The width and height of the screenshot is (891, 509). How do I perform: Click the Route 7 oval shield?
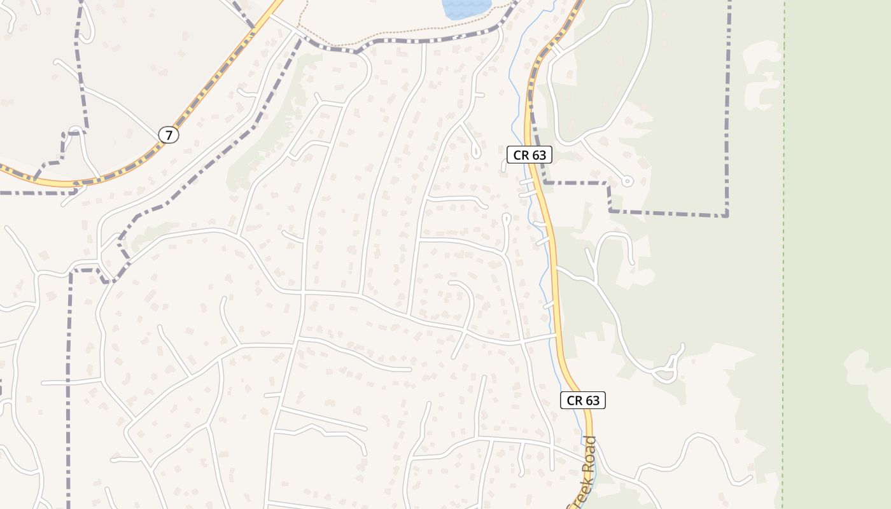[x=169, y=135]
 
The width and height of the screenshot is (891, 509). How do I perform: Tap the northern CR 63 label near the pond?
[x=530, y=155]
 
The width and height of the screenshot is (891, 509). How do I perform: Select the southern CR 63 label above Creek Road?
[x=583, y=400]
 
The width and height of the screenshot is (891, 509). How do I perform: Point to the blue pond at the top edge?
[x=467, y=8]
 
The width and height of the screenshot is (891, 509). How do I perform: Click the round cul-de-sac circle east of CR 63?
[x=628, y=181]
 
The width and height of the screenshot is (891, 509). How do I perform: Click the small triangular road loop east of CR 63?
[x=667, y=368]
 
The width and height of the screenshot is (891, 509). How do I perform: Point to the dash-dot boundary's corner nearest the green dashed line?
[x=726, y=214]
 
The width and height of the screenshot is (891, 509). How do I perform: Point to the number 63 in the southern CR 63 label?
[x=592, y=400]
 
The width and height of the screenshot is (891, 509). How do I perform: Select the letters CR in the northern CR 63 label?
[x=520, y=155]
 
